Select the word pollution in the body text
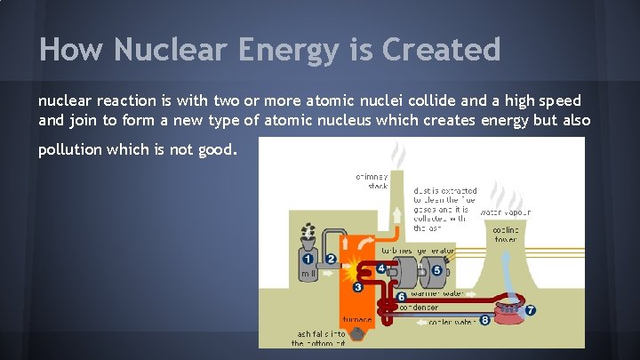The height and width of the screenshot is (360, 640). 70,149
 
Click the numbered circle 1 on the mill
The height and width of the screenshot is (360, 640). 308,259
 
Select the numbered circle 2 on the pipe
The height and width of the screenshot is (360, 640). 331,259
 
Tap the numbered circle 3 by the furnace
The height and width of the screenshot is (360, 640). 357,287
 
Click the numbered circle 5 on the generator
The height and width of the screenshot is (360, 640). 436,270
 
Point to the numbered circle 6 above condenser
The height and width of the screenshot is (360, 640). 401,296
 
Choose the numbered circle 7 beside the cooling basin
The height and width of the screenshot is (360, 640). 531,311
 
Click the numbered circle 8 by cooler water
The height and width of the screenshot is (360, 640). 484,319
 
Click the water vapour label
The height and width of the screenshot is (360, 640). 506,212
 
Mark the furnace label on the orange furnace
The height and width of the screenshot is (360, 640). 356,319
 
